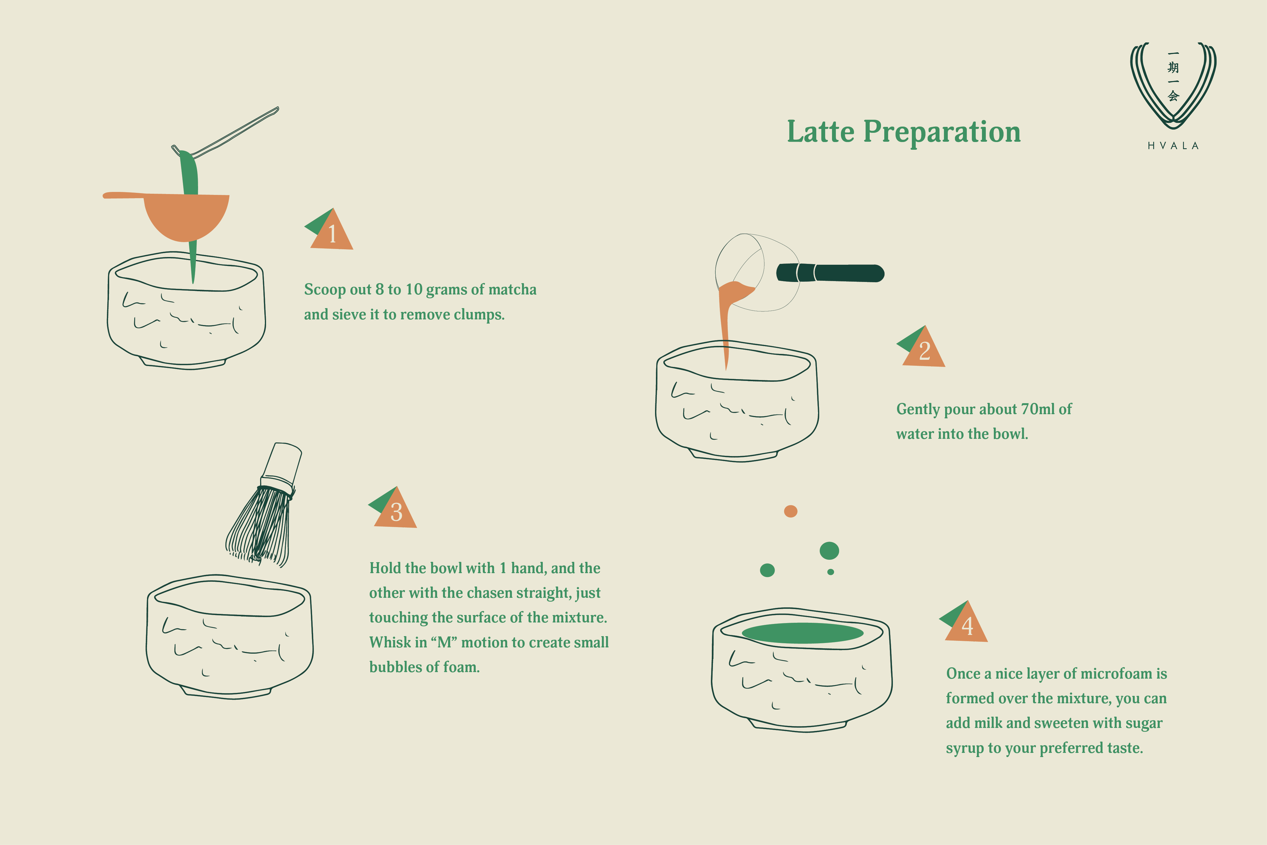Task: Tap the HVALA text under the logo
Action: (x=1173, y=146)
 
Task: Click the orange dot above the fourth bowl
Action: (x=790, y=511)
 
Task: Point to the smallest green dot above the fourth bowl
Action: (x=831, y=572)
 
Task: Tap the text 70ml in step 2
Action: (x=1038, y=409)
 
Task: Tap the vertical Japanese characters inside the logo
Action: (x=1173, y=76)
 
